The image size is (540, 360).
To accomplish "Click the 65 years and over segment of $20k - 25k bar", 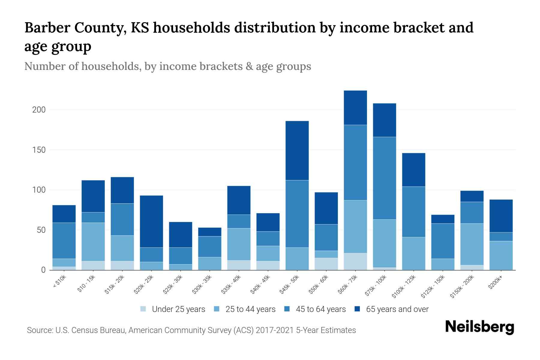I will (151, 221).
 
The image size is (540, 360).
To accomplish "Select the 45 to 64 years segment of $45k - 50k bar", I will (297, 214).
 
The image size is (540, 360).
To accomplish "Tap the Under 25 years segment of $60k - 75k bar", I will (355, 261).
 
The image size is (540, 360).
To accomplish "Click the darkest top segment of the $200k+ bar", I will (501, 216).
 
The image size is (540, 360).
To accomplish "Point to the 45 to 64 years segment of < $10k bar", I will (64, 240).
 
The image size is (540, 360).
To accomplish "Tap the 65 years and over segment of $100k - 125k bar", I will (413, 170).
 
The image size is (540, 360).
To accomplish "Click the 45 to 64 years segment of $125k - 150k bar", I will (442, 241).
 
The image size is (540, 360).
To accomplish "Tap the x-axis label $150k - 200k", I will (462, 287).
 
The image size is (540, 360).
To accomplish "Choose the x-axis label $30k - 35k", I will (202, 284).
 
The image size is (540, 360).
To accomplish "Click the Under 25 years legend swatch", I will (143, 309).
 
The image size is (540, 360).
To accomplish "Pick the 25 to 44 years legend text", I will (250, 309).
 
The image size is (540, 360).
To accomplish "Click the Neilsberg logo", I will (479, 327).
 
